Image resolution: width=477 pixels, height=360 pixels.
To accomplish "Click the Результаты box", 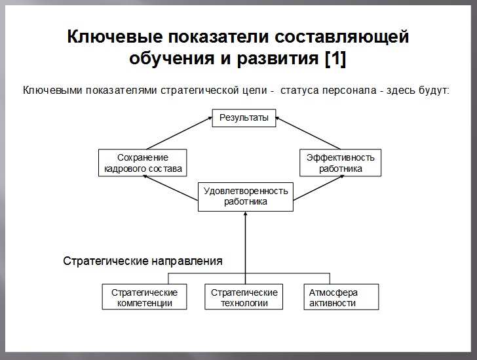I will point(244,119).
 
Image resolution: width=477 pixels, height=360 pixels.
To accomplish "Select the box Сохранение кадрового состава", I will point(142,163).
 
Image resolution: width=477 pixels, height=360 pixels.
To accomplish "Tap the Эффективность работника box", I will point(341,163).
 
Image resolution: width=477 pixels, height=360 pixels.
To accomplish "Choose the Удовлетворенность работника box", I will point(246,196).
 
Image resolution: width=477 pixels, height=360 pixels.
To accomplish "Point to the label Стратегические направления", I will point(142,260).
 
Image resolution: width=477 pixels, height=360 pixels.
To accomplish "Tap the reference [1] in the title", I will point(335,58).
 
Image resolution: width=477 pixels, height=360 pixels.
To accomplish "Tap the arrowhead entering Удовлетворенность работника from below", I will point(246,216).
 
